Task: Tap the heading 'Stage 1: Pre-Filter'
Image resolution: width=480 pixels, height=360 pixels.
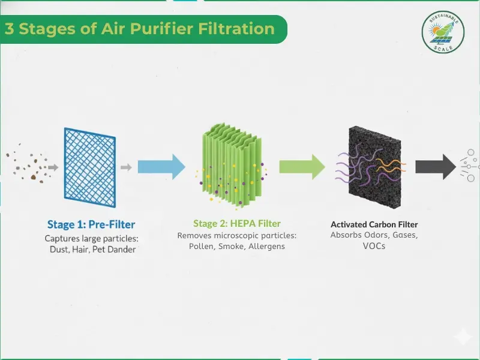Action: [x=91, y=225]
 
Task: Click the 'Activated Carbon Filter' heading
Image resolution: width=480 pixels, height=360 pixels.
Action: [x=374, y=224]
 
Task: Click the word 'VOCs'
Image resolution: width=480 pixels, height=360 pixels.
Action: [x=374, y=246]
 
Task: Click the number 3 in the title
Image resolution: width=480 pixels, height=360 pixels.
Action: [x=10, y=29]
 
